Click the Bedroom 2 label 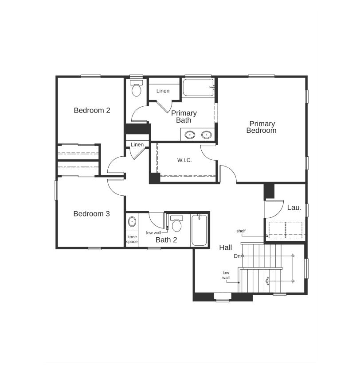[x=92, y=110]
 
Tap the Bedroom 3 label [x=91, y=214]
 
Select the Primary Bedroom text [x=262, y=127]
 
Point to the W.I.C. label [x=184, y=160]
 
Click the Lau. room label [x=294, y=207]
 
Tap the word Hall [x=225, y=248]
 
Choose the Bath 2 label [x=166, y=240]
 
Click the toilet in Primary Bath [x=137, y=89]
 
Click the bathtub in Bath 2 [x=199, y=230]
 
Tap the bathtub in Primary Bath [x=198, y=88]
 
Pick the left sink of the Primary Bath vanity [x=190, y=135]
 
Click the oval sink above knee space [x=132, y=221]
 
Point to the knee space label [x=132, y=239]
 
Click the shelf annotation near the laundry [x=241, y=231]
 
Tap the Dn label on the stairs [x=237, y=256]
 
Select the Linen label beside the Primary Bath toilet [x=163, y=91]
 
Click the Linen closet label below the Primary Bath [x=137, y=145]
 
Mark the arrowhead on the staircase [x=267, y=281]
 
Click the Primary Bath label [x=184, y=116]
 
